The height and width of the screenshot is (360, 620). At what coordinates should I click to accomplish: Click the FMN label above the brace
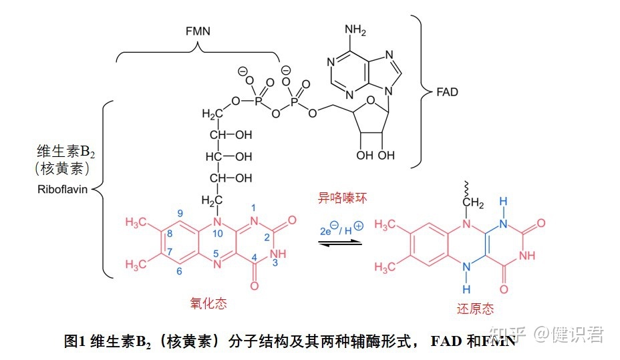click(198, 31)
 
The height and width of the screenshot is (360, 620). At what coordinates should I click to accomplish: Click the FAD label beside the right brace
click(447, 92)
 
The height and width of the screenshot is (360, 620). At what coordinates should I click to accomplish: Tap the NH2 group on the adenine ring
click(355, 30)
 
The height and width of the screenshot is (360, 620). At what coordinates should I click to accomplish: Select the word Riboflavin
click(63, 189)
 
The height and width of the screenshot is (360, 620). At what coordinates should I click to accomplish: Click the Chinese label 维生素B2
click(65, 152)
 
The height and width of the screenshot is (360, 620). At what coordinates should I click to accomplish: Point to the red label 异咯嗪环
click(343, 198)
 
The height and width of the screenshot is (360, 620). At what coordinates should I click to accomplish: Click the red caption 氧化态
click(208, 303)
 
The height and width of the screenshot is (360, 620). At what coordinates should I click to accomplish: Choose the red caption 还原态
click(475, 308)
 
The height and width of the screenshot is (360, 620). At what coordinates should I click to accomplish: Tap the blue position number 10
click(218, 234)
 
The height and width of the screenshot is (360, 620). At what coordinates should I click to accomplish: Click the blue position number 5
click(216, 254)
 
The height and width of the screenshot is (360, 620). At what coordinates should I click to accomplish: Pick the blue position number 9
click(180, 213)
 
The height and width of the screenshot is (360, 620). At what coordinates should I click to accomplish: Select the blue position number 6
click(179, 271)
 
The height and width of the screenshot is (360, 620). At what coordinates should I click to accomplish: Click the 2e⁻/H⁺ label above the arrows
click(341, 228)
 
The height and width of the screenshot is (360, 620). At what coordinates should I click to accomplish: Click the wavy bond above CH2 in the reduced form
click(466, 189)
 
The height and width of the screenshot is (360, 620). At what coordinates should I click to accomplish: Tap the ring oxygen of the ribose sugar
click(371, 100)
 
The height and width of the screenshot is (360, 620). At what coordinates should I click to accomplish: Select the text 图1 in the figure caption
click(75, 341)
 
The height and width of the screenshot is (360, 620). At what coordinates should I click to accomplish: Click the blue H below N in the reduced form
click(466, 289)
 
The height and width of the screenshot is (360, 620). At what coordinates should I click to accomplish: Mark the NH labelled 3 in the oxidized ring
click(278, 254)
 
